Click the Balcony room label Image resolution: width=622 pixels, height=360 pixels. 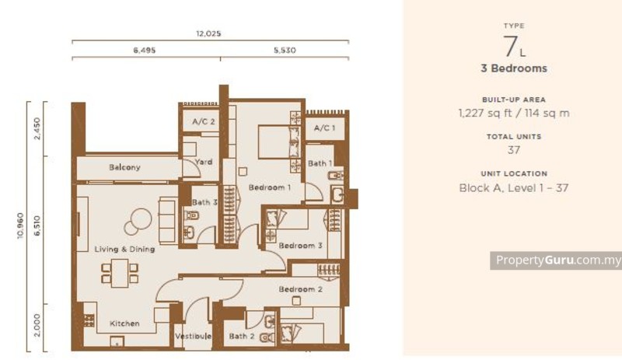[124, 167]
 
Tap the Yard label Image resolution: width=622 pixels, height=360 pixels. [203, 162]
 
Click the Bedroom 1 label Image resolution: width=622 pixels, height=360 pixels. [270, 187]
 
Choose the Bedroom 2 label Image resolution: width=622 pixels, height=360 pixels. [301, 289]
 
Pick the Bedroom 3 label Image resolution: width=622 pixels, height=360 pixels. [301, 246]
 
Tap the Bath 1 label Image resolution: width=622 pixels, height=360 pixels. [319, 163]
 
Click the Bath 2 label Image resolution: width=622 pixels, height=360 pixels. [241, 336]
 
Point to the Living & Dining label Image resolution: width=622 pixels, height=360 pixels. [124, 249]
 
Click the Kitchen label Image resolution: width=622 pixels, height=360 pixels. [124, 323]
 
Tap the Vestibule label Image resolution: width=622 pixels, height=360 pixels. [190, 336]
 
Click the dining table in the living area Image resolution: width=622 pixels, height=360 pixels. [119, 273]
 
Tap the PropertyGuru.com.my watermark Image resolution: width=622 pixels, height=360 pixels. [556, 260]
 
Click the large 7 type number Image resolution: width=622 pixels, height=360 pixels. [510, 47]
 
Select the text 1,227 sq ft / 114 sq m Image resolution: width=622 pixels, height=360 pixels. [514, 113]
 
